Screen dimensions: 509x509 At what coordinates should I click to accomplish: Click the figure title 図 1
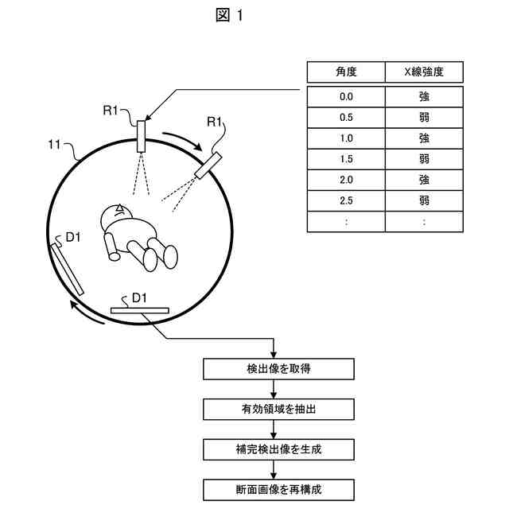click(x=230, y=17)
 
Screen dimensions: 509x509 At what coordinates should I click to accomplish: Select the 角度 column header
click(x=346, y=72)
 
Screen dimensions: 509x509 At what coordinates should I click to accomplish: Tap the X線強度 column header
click(x=424, y=72)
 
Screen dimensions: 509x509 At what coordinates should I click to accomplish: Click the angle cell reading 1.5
click(x=346, y=158)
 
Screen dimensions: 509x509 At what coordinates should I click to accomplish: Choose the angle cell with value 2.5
click(x=346, y=200)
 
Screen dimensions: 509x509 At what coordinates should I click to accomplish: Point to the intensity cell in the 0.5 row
click(x=424, y=117)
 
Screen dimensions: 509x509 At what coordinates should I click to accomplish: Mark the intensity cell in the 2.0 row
click(x=424, y=180)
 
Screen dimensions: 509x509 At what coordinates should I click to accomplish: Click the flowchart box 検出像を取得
click(x=274, y=369)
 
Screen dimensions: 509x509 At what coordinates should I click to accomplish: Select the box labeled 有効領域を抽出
click(x=274, y=410)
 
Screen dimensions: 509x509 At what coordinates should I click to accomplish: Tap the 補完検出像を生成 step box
click(x=274, y=449)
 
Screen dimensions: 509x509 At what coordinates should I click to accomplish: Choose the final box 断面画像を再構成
click(x=274, y=489)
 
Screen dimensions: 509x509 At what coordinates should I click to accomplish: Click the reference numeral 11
click(x=55, y=145)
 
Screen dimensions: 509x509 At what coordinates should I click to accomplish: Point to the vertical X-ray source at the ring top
click(x=142, y=136)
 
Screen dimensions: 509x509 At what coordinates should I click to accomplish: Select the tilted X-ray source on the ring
click(x=209, y=165)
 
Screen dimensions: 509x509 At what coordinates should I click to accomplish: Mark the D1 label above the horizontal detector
click(x=139, y=297)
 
